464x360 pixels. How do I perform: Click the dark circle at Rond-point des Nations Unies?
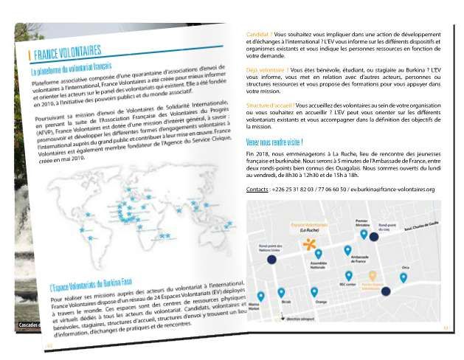pos(271,260)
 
